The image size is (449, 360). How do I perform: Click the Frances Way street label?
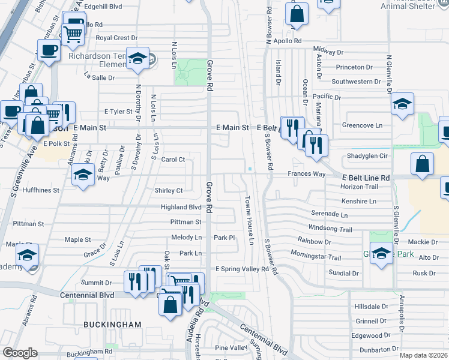click(x=306, y=174)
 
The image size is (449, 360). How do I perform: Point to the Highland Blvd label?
click(x=181, y=207)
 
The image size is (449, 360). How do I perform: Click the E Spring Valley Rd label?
click(x=243, y=269)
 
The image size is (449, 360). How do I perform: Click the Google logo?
click(x=19, y=353)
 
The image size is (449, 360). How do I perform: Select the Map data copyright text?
click(x=423, y=355)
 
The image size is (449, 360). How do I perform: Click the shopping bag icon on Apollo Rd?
click(x=297, y=13)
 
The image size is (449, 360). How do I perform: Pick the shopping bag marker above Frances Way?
click(x=423, y=163)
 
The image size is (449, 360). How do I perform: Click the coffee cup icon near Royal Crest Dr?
click(x=48, y=50)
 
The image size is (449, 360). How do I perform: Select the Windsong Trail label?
click(x=330, y=229)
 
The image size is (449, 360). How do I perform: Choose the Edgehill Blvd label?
click(x=103, y=7)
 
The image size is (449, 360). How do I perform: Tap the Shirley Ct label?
click(x=169, y=191)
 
